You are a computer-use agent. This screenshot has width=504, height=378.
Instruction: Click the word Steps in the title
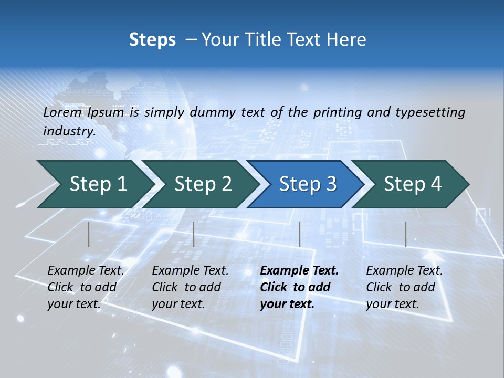click(152, 40)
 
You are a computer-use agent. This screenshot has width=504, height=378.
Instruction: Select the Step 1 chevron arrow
click(94, 184)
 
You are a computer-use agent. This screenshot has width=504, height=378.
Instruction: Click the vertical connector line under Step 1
click(89, 234)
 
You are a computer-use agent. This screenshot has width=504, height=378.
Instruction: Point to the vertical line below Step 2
click(194, 234)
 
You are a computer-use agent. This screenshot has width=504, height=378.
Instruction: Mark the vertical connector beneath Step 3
click(299, 234)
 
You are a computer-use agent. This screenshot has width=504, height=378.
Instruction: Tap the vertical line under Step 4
click(405, 234)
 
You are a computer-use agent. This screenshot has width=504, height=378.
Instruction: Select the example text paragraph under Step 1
click(86, 287)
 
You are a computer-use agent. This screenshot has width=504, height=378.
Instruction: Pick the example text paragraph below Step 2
click(190, 287)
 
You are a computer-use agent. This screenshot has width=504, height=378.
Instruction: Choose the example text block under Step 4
click(404, 287)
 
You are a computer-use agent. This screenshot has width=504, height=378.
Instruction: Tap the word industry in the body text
click(69, 131)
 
